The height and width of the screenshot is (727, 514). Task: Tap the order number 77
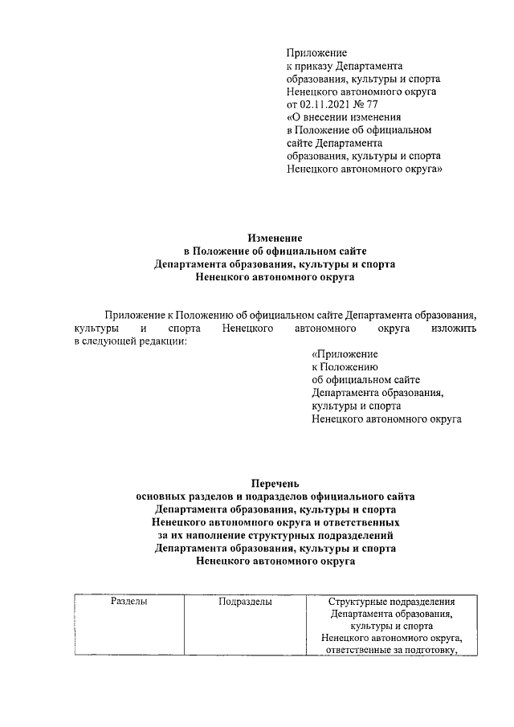[373, 104]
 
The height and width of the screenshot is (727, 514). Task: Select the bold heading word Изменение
[275, 239]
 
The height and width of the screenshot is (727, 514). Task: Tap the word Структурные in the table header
[359, 601]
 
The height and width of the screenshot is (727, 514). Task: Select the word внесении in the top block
[330, 117]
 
